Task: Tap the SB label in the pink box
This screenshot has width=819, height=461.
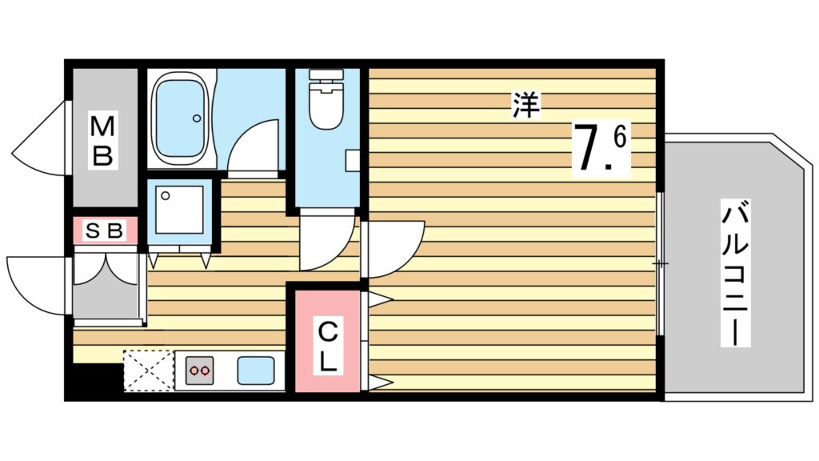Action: (x=105, y=231)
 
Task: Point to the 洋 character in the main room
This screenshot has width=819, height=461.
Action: (x=525, y=105)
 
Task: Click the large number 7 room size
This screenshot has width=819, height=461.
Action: (x=588, y=149)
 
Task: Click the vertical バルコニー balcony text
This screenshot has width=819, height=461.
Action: (x=737, y=275)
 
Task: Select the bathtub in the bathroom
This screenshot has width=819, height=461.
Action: (x=182, y=118)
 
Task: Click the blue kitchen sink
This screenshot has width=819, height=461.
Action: (x=256, y=371)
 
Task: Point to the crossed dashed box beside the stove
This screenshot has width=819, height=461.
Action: (x=149, y=371)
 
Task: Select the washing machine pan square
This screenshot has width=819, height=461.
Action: (x=178, y=210)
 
